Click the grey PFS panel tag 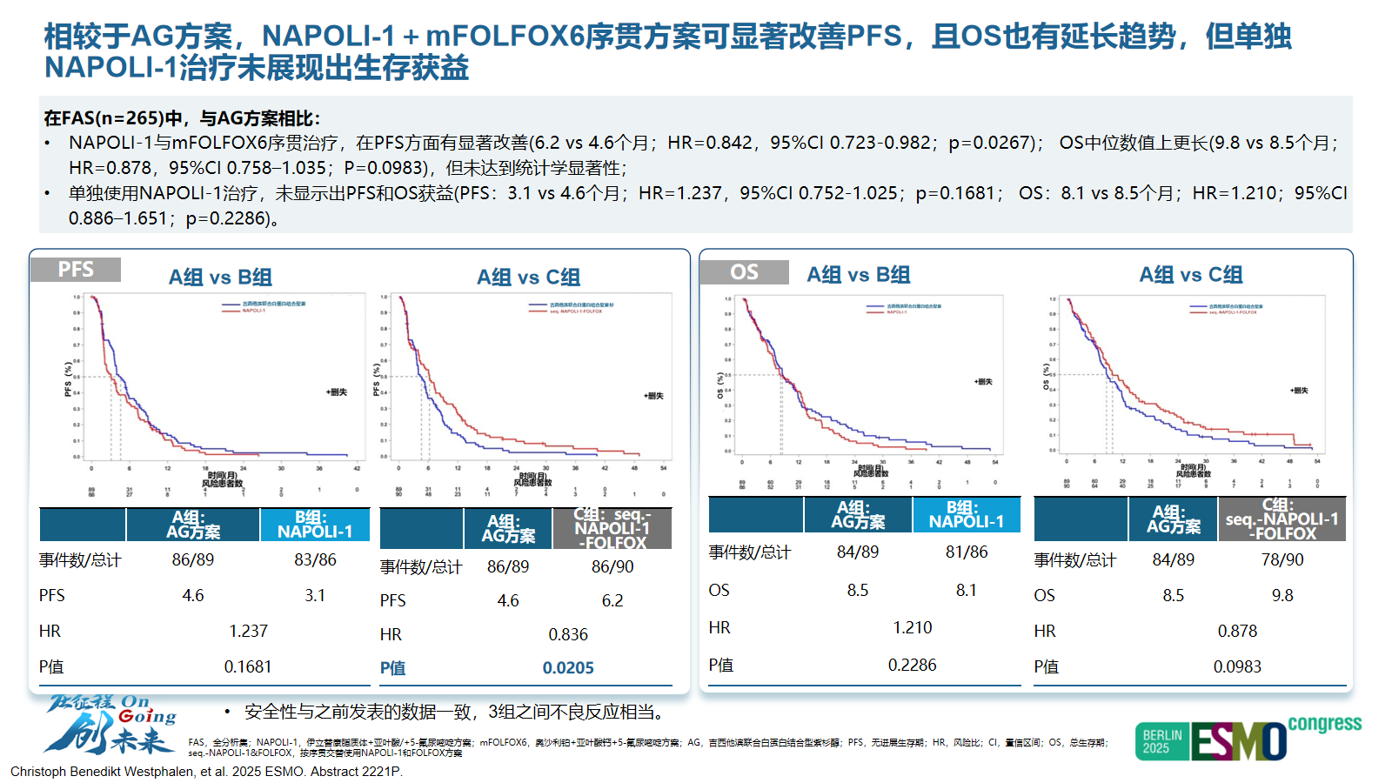[76, 270]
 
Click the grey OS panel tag [744, 272]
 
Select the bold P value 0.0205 [568, 668]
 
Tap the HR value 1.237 [248, 631]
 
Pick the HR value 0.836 [568, 635]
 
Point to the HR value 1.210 [912, 627]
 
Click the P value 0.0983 [1237, 666]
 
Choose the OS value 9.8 [1282, 595]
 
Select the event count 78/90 [1282, 559]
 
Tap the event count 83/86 [315, 559]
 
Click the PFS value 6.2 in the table [612, 600]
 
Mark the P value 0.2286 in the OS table [912, 665]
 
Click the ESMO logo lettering [1239, 742]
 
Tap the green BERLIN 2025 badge [1161, 741]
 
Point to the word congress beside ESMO [1324, 724]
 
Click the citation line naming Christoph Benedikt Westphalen [206, 772]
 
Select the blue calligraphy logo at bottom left [110, 725]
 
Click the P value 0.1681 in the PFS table [248, 666]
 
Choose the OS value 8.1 [966, 590]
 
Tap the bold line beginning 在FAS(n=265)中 [182, 118]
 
